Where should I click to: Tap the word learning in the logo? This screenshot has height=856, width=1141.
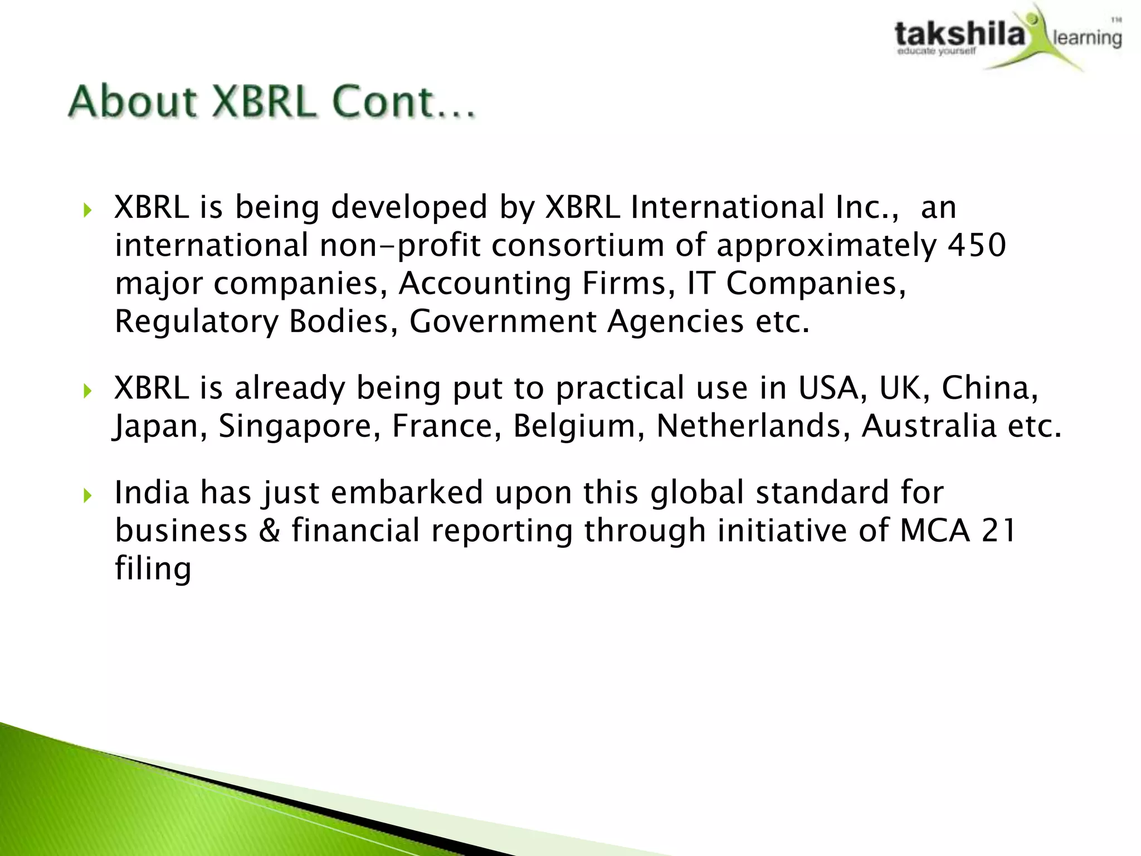(x=1087, y=38)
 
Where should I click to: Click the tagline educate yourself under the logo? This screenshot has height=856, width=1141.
(x=936, y=52)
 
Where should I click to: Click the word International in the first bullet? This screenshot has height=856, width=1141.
(x=728, y=207)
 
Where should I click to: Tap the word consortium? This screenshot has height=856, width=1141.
(x=577, y=245)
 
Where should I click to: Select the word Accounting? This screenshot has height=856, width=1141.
(x=485, y=283)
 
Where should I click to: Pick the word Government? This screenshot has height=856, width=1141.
(x=503, y=322)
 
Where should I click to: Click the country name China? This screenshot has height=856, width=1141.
(x=989, y=388)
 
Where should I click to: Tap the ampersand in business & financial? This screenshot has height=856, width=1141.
(x=270, y=531)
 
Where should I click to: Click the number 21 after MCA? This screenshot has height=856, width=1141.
(x=998, y=531)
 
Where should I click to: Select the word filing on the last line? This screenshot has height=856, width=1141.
(x=153, y=568)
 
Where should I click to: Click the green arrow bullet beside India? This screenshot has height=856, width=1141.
(x=87, y=495)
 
